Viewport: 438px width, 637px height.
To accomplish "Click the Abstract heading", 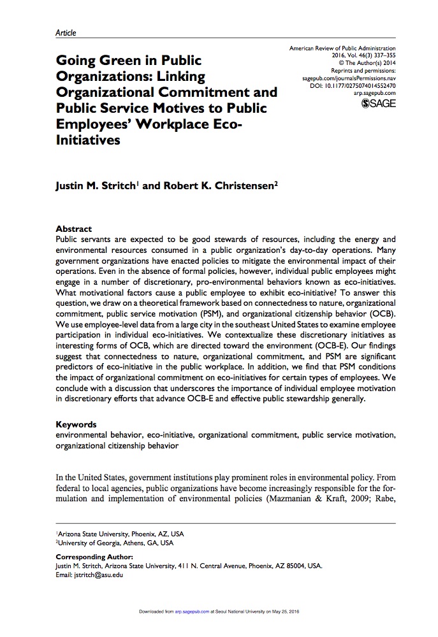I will click(74, 229).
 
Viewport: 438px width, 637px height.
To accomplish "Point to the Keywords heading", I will click(76, 424).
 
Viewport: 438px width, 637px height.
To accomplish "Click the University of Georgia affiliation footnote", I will click(115, 543).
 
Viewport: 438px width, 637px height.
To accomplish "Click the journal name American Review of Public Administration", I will click(342, 48).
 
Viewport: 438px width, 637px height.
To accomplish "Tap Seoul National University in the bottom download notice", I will click(244, 612).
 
